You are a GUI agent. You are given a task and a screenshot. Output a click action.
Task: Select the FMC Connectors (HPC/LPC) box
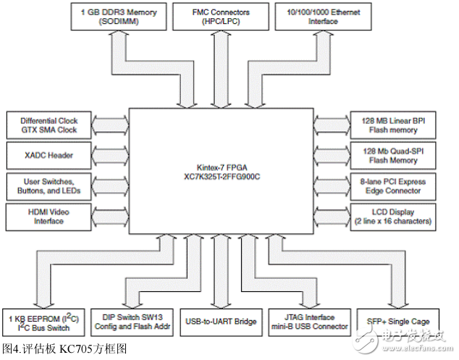coord(220,16)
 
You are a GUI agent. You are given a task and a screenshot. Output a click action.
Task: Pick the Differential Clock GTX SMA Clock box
coord(49,125)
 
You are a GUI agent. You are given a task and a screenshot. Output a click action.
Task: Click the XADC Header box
coord(49,155)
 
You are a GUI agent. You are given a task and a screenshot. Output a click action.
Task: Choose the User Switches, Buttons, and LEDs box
coord(49,186)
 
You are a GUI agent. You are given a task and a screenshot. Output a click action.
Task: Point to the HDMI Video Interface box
coord(49,216)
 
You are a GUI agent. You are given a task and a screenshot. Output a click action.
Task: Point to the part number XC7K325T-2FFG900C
coord(222,175)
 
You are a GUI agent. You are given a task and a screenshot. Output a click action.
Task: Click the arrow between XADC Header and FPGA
coord(111,155)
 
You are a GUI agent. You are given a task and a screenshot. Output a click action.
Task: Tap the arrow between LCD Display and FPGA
coord(333,217)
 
